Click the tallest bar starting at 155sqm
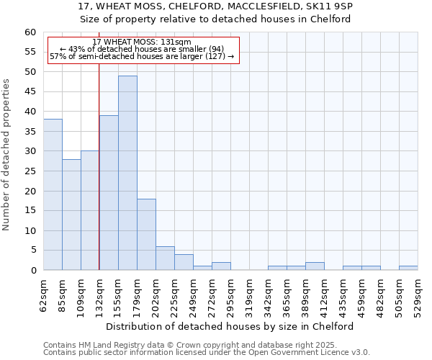pyautogui.click(x=127, y=173)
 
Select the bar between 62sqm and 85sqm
pyautogui.click(x=53, y=194)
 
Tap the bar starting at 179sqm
pyautogui.click(x=146, y=234)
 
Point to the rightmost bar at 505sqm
pyautogui.click(x=408, y=268)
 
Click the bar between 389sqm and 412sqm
pyautogui.click(x=315, y=266)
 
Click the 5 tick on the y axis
pyautogui.click(x=33, y=251)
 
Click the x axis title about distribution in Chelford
pyautogui.click(x=234, y=326)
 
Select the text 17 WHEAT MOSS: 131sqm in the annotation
pyautogui.click(x=142, y=42)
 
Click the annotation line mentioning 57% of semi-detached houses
pyautogui.click(x=142, y=56)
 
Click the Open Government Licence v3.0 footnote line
pyautogui.click(x=207, y=352)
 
